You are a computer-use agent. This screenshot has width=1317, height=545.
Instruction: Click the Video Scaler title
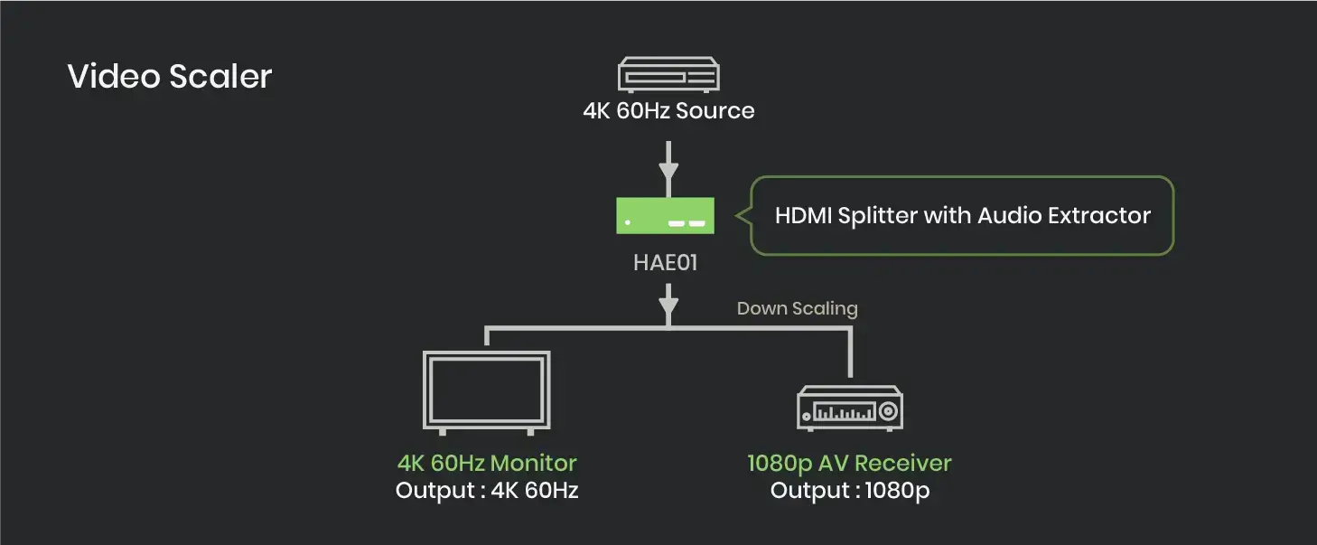point(169,76)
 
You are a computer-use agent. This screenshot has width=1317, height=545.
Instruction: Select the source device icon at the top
point(668,74)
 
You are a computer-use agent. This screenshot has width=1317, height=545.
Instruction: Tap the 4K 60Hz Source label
point(668,111)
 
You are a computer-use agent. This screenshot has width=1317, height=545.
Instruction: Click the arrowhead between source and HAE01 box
point(668,173)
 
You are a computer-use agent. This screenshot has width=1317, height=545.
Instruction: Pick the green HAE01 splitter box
point(666,216)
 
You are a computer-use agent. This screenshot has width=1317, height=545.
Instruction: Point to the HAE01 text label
point(666,264)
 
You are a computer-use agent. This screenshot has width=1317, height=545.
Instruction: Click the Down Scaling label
point(797,308)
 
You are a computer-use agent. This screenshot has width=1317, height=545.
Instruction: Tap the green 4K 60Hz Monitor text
point(487,463)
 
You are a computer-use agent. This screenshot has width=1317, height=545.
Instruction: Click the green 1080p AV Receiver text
point(849,463)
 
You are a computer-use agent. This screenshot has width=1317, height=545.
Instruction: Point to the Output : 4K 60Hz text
point(487,492)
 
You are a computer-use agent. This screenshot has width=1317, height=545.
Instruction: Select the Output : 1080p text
point(849,492)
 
